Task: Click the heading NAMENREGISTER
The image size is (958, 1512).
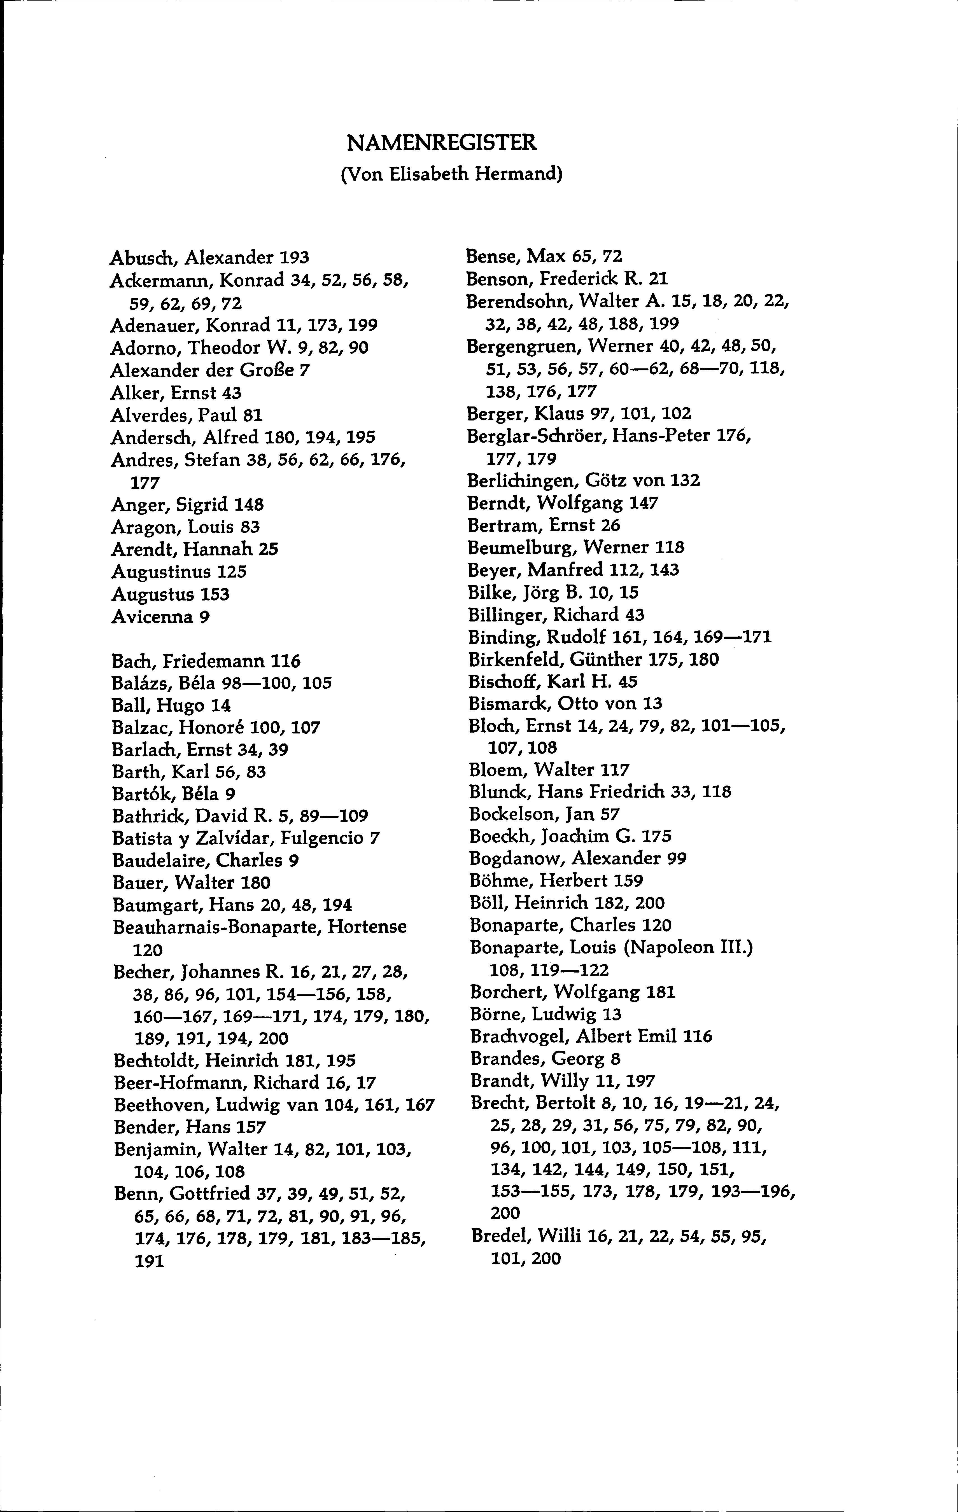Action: click(x=442, y=143)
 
